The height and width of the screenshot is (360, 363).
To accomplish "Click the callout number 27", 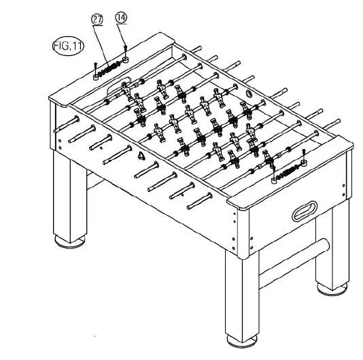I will pyautogui.click(x=97, y=20).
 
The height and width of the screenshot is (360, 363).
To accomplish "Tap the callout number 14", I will pyautogui.click(x=122, y=18).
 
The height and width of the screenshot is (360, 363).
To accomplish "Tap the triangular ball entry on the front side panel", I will pyautogui.click(x=141, y=156).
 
